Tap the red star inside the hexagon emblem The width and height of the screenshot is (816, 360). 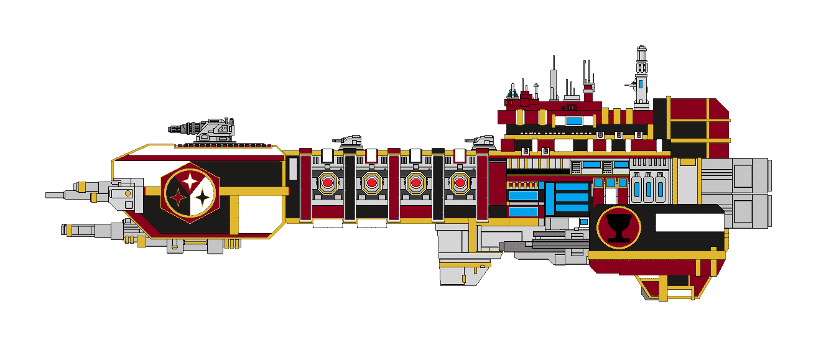coord(178,198)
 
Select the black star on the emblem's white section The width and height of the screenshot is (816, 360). coord(203,198)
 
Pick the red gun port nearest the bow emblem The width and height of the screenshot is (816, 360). coord(327,183)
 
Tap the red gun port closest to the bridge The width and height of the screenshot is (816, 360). coord(460,183)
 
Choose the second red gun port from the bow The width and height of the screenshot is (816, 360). coord(371,183)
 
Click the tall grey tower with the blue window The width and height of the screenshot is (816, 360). coord(641,78)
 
